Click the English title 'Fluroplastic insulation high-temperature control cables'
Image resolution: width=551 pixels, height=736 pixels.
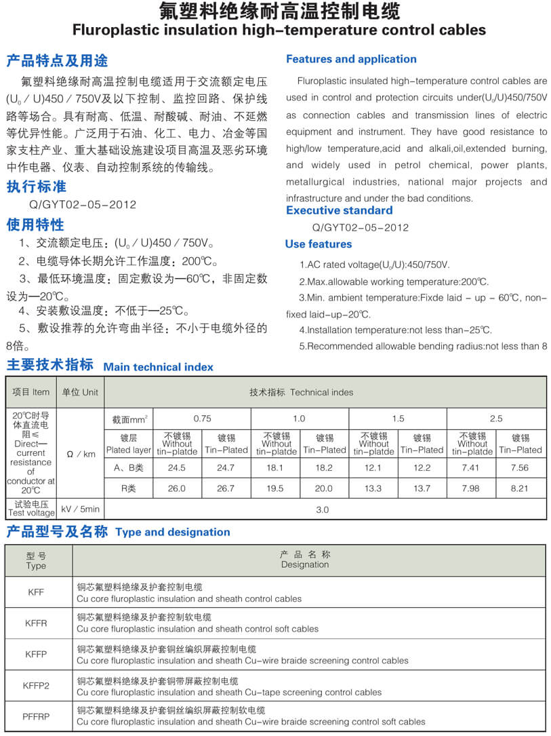point(279,30)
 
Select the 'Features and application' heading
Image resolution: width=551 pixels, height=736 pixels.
point(351,59)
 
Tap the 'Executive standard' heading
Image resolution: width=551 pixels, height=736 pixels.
point(339,210)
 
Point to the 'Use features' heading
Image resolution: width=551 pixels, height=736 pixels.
point(319,244)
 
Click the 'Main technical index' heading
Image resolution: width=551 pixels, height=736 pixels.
point(158,367)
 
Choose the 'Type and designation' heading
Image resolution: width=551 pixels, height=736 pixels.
point(173,532)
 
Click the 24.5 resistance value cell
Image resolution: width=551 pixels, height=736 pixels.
point(177,467)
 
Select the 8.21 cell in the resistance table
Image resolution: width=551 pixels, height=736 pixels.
point(520,488)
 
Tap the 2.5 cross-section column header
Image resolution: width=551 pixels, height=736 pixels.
point(496,419)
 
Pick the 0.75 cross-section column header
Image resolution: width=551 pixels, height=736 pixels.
point(202,419)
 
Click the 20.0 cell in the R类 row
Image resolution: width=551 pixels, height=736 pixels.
point(324,488)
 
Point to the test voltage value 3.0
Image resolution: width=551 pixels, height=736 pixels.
point(323,509)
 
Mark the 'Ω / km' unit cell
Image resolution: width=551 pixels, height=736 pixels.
point(80,454)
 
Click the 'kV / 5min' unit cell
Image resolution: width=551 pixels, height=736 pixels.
point(80,509)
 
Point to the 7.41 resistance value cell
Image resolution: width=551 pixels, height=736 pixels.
point(472,467)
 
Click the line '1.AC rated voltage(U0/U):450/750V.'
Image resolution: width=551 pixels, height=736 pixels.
point(374,265)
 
